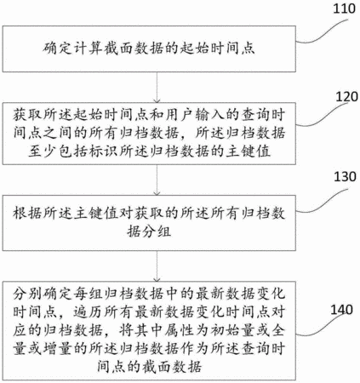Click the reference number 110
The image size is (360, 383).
click(x=344, y=9)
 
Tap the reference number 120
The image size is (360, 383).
click(x=346, y=97)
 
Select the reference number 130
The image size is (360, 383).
click(x=345, y=176)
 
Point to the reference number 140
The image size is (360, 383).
click(x=341, y=310)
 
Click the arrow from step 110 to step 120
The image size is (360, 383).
click(x=157, y=87)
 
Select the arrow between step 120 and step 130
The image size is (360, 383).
click(x=157, y=180)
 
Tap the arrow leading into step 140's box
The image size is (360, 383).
click(x=157, y=266)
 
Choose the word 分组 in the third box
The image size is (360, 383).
click(x=157, y=232)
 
